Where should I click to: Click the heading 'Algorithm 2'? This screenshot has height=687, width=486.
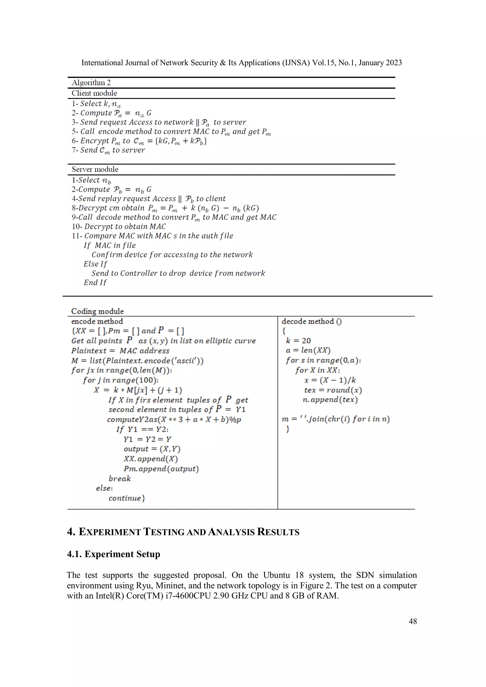point(91,83)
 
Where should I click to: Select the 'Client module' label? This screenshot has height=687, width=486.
point(94,93)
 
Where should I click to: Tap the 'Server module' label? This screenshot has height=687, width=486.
point(95,169)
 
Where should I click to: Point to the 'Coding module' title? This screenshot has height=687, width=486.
point(97,311)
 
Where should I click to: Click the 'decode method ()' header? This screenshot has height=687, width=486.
point(311,321)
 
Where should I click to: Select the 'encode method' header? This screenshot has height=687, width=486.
point(97,321)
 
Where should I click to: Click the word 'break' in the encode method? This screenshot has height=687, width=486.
point(119,479)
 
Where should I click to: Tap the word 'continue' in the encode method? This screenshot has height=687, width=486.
point(125,498)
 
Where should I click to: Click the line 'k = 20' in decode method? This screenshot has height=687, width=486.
point(298,341)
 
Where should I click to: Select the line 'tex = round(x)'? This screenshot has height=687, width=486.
point(333,390)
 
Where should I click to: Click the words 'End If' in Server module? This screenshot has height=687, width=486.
point(95,282)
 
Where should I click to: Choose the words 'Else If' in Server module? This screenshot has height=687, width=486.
point(95,264)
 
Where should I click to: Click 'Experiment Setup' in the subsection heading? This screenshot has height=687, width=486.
point(122,554)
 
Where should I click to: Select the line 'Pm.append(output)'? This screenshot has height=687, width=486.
point(161,469)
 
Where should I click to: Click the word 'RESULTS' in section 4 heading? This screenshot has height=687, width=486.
point(278,532)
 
